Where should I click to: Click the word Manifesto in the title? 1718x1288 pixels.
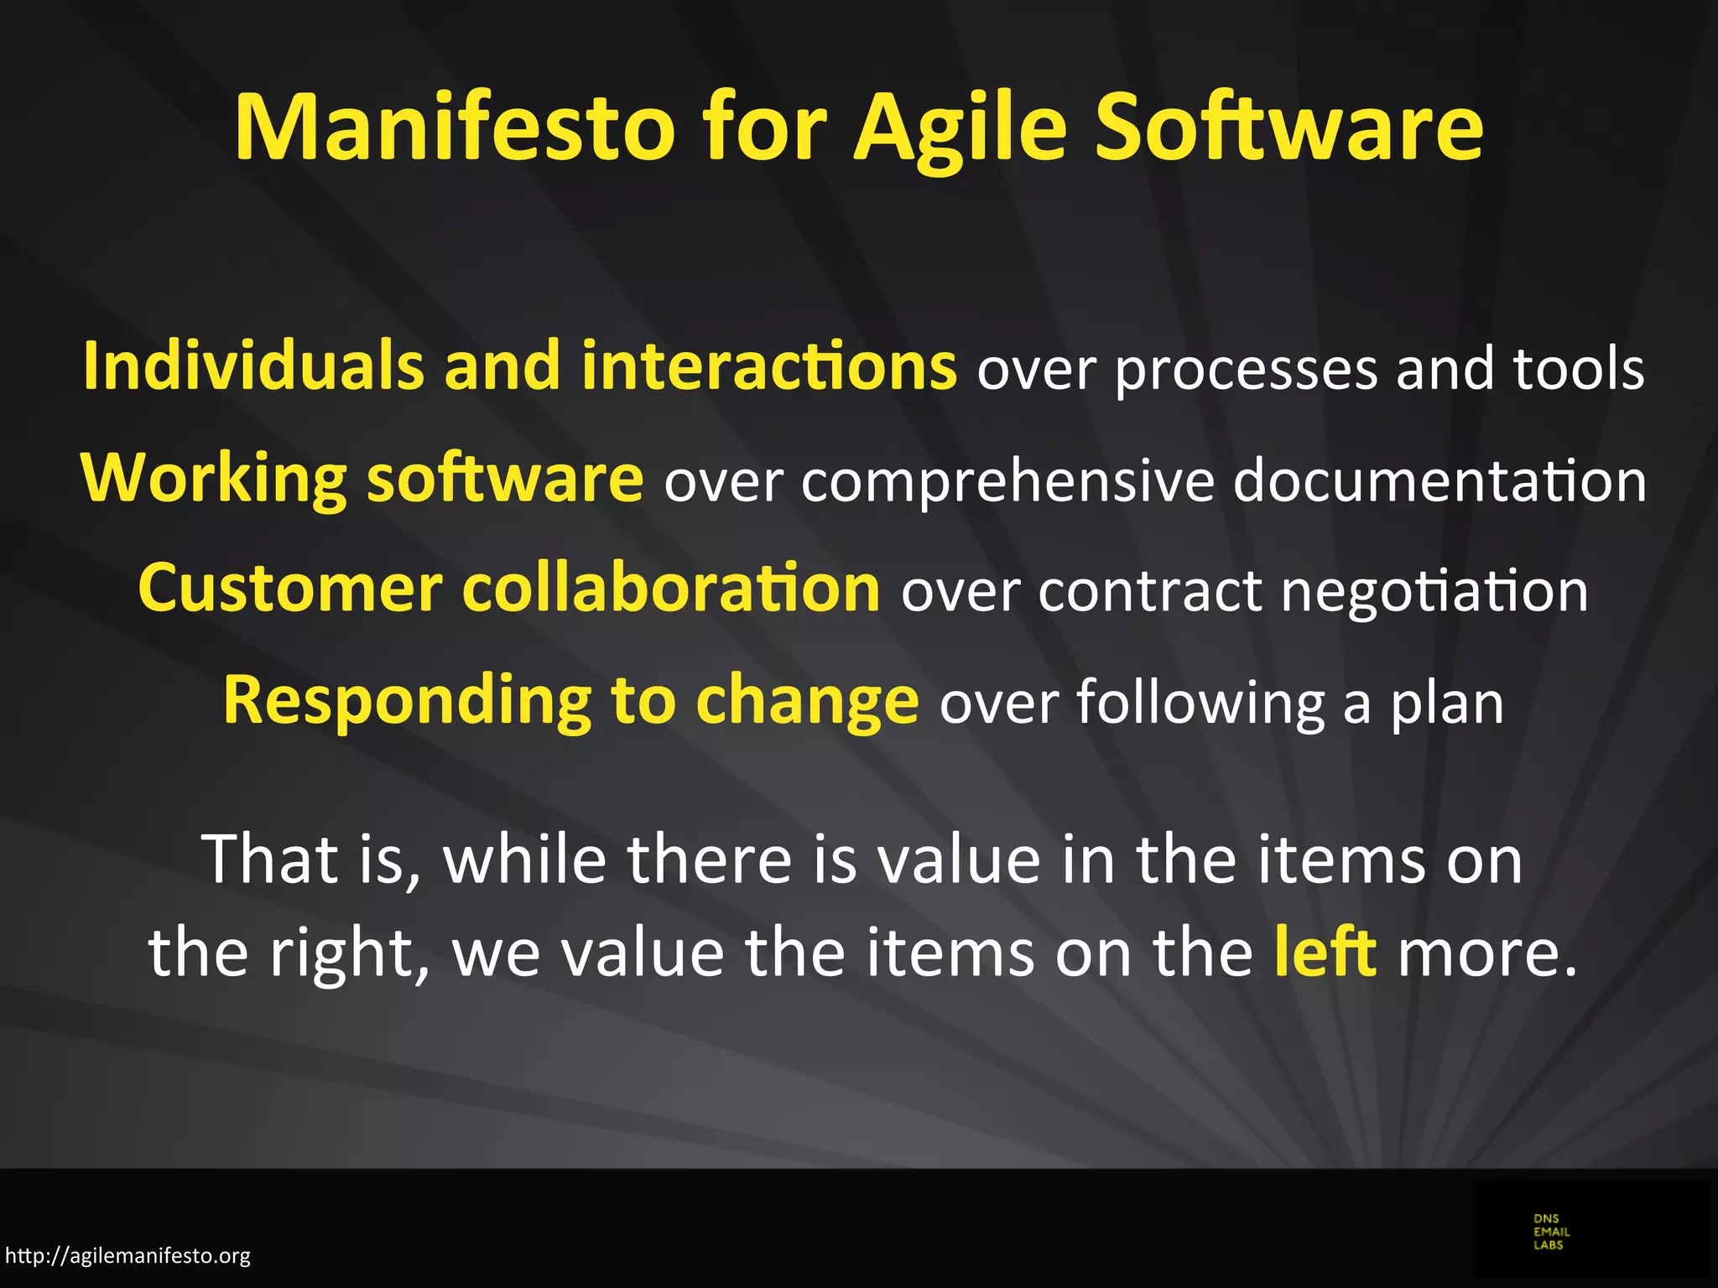(x=454, y=127)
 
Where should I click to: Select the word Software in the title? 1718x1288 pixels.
(x=1289, y=127)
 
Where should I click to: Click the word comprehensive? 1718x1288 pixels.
(x=1007, y=481)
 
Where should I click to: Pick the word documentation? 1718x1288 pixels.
(x=1439, y=480)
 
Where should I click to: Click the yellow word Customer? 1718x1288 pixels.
(x=289, y=589)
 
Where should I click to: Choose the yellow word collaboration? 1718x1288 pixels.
(x=671, y=589)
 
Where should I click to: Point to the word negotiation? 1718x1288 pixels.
(x=1434, y=592)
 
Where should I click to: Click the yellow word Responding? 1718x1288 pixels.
(x=407, y=701)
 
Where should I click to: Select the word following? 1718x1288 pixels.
(x=1200, y=703)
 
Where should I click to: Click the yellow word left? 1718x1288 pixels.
(x=1325, y=952)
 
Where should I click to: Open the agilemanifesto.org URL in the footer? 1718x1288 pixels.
(x=128, y=1255)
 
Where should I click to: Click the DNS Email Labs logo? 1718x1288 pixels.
(x=1551, y=1232)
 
